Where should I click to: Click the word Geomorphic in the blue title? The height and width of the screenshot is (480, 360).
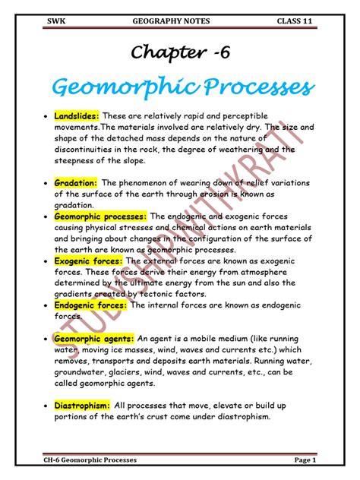tap(117, 88)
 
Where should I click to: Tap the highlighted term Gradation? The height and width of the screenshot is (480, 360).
tap(75, 184)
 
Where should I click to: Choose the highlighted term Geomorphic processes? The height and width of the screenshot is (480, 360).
tap(100, 216)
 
